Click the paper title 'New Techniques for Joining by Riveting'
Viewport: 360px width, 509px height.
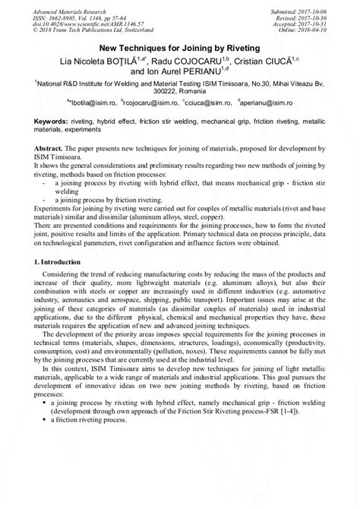pos(179,47)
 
